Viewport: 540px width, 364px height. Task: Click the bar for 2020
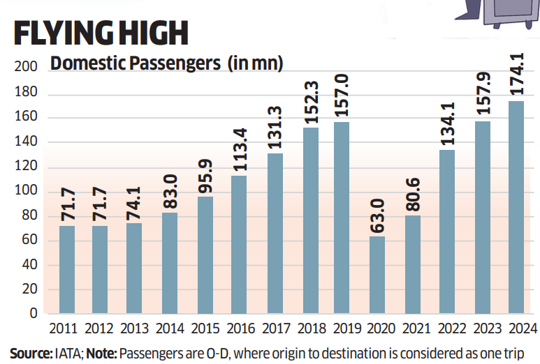tap(377, 275)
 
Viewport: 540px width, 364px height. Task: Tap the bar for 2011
tap(67, 269)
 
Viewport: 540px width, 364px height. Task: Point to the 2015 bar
tap(205, 255)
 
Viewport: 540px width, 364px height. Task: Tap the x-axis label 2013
tap(136, 329)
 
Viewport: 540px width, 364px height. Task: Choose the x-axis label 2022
tap(446, 329)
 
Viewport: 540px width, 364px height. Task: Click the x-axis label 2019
tap(343, 329)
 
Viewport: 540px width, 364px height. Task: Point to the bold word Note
tap(104, 354)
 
